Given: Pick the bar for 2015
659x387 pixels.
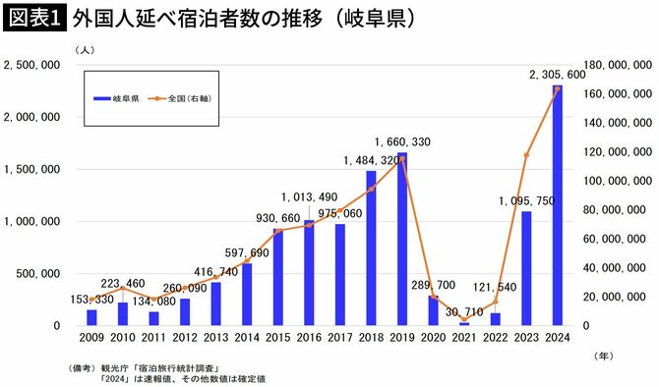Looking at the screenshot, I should (278, 276).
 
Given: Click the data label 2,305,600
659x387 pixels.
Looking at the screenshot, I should (558, 74).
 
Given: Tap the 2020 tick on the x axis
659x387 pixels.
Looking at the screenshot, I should (433, 339).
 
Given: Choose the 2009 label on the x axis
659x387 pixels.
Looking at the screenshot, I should (91, 339).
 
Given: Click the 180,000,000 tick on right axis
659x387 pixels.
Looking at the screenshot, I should (612, 65).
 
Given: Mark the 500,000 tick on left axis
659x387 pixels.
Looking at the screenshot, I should (40, 273).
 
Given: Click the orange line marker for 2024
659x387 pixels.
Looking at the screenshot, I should (558, 88).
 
